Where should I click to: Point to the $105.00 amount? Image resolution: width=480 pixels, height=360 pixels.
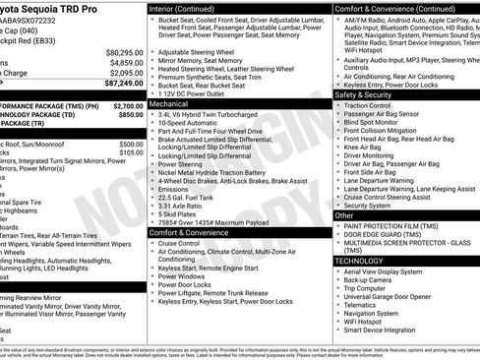[131, 152]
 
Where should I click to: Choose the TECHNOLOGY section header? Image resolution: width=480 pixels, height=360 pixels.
[359, 261]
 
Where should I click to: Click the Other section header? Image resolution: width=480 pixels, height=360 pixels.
[345, 214]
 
